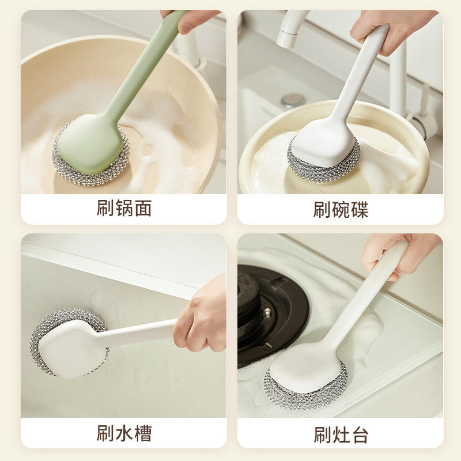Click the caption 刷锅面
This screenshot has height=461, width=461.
point(124,208)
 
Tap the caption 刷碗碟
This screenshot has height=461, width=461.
point(341,210)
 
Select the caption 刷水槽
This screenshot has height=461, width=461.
point(124,433)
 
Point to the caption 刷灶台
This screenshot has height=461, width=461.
point(341,435)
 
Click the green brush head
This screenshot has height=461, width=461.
point(90,144)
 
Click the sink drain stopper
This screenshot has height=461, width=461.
point(293,100)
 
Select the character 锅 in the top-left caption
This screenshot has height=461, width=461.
point(124,208)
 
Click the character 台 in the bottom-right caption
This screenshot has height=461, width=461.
point(360,435)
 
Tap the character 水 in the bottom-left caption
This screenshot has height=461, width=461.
point(124,433)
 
